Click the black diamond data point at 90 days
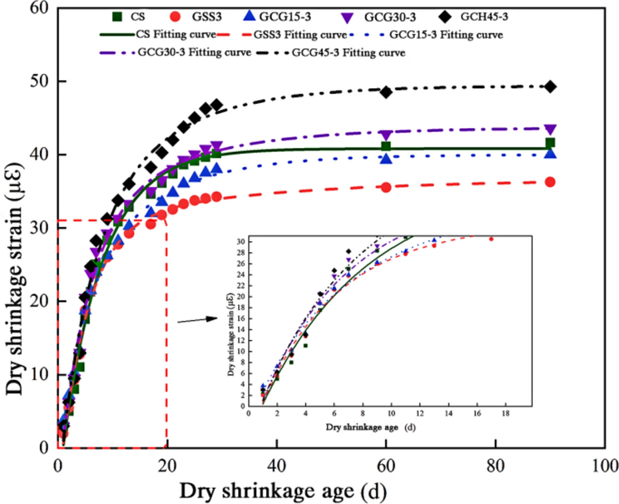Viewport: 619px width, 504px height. click(x=550, y=87)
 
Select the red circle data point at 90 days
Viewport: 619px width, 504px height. click(x=550, y=182)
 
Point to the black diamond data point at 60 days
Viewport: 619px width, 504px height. click(x=386, y=92)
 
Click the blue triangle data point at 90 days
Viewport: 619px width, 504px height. click(x=550, y=153)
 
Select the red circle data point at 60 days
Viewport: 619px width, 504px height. click(x=386, y=187)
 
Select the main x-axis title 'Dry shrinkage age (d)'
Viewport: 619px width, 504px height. click(x=281, y=491)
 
